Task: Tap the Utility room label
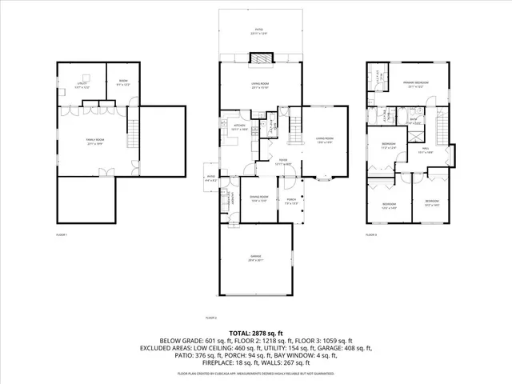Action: [x=82, y=83]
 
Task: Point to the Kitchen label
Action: [x=238, y=126]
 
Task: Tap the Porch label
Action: [x=291, y=201]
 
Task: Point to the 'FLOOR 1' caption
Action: [x=61, y=234]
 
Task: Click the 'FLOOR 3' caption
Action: [x=370, y=234]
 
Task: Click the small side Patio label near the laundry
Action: [x=210, y=178]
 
